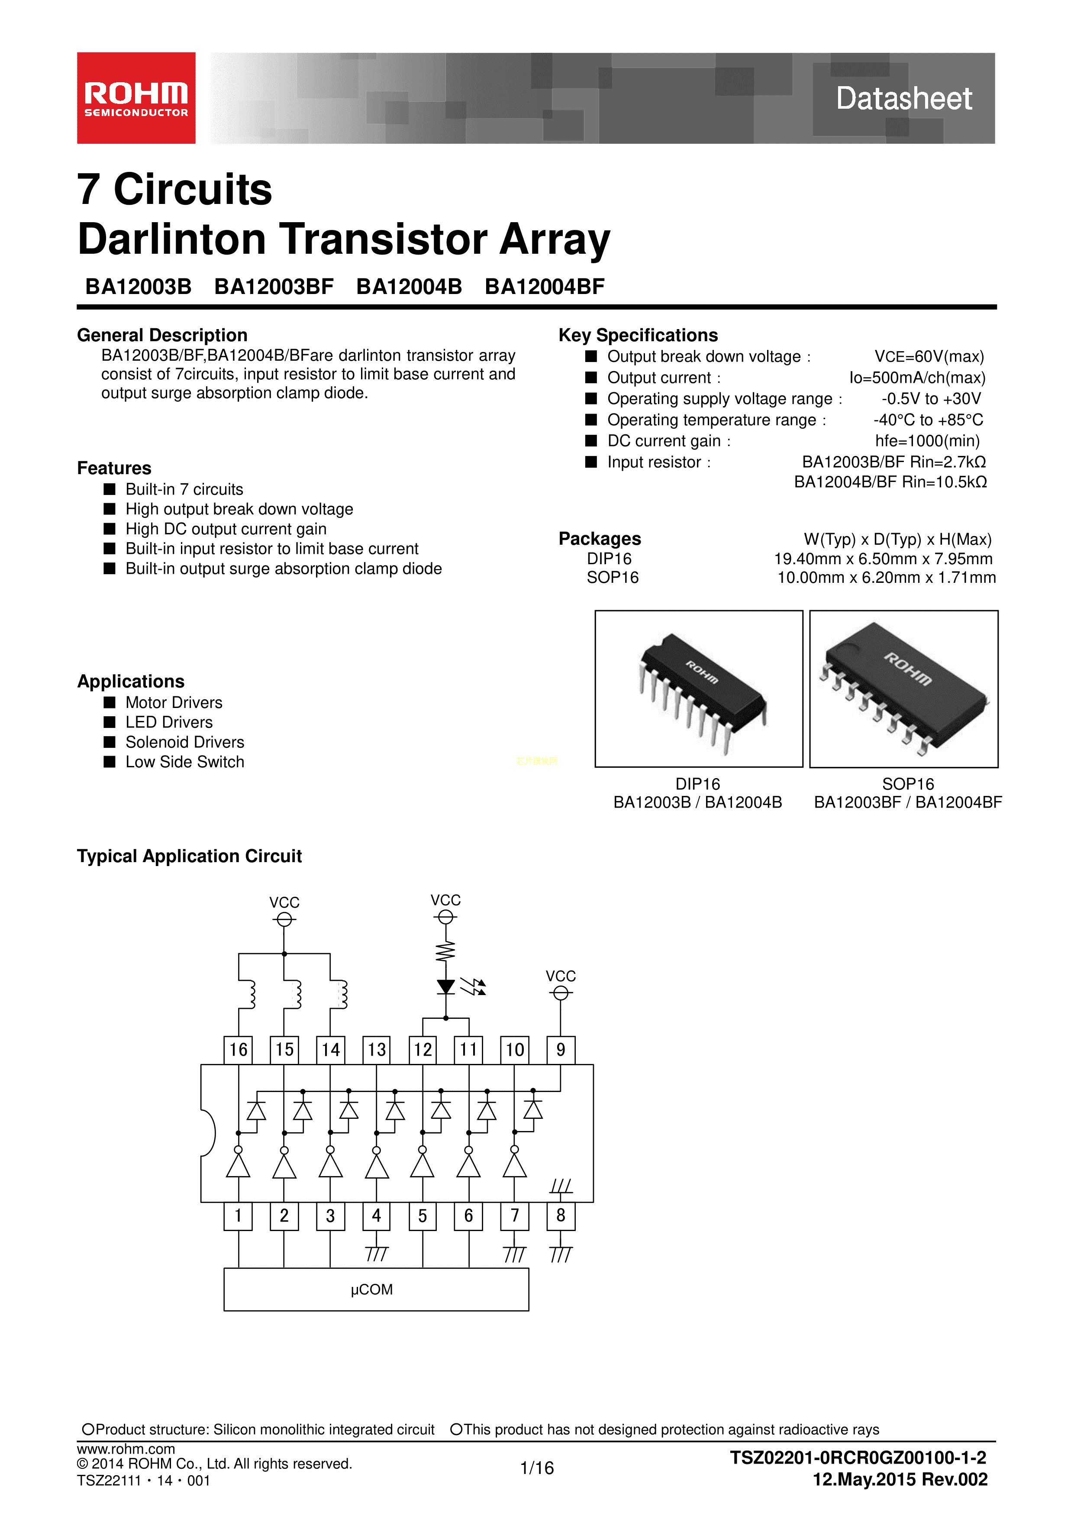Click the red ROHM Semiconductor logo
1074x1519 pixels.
(136, 98)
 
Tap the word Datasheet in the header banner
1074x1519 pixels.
(904, 99)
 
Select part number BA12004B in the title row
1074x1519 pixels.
(409, 287)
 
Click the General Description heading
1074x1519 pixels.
(162, 336)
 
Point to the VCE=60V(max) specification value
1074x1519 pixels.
(929, 357)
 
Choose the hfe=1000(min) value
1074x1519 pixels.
(927, 441)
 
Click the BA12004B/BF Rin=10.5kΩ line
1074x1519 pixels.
(890, 482)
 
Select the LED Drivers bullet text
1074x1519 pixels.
(169, 722)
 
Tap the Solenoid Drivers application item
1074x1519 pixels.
(185, 742)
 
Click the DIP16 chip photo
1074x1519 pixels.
(699, 689)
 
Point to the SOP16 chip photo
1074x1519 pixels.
(904, 689)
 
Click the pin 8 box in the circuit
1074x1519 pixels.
(561, 1216)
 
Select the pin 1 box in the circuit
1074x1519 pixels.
(238, 1216)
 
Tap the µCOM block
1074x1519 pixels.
(376, 1290)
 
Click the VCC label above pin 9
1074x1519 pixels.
(561, 976)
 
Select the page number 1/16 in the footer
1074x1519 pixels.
(537, 1468)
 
